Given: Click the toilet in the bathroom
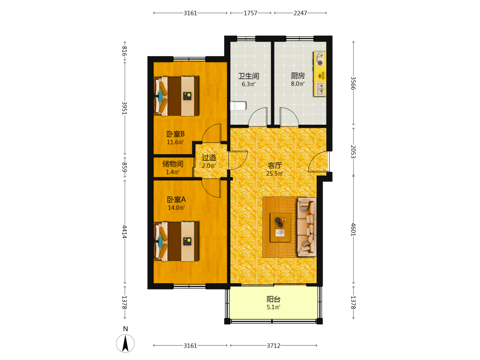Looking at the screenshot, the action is (x=238, y=106).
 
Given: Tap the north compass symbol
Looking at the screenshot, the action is (x=125, y=343).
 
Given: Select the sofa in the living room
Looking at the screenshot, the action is (x=307, y=227).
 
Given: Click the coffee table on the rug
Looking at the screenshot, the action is (x=280, y=228).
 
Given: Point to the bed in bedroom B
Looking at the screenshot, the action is (x=176, y=96).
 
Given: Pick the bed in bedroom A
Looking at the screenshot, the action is (x=176, y=241).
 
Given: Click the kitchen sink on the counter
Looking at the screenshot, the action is (x=320, y=89).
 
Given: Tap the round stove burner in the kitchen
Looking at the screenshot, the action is (x=320, y=63).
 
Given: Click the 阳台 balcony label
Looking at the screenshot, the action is (x=274, y=299).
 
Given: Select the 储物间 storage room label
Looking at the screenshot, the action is (x=173, y=164).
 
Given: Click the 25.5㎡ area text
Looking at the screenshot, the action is (x=275, y=174).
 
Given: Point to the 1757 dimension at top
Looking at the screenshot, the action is (x=251, y=13).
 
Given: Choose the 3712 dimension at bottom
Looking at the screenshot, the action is (x=274, y=346).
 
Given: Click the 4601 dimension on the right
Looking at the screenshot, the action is (x=353, y=229).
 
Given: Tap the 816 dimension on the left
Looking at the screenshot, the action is (x=125, y=51).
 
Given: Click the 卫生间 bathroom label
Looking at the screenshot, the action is (x=249, y=76).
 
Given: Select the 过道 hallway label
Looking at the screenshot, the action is (x=209, y=157).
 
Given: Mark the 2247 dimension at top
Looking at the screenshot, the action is (x=300, y=13).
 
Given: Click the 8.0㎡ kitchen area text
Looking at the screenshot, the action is (x=298, y=84).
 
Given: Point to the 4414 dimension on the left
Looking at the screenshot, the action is (x=125, y=232).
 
